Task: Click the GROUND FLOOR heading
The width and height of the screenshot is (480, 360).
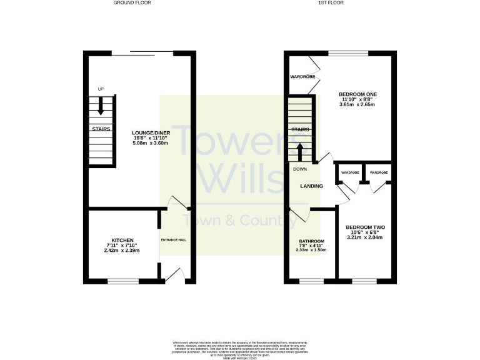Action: coord(132,2)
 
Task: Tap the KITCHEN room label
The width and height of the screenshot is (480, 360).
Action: coord(122,240)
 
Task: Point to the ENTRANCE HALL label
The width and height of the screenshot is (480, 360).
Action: coord(174,240)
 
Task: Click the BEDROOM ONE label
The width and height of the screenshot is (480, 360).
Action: coord(358,94)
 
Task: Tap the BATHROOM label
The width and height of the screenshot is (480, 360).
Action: coord(311,241)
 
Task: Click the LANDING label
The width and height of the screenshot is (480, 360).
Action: coord(311,186)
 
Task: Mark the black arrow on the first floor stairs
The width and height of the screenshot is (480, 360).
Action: coord(299,152)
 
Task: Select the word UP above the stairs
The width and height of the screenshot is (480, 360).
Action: coord(101,89)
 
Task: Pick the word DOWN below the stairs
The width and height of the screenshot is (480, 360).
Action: coord(299,168)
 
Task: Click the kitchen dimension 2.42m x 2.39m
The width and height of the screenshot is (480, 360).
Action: coord(122,251)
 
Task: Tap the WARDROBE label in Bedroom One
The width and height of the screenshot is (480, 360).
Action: coord(301,77)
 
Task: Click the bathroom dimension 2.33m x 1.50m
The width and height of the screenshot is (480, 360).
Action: coord(311,251)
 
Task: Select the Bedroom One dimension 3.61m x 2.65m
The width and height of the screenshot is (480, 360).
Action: coord(358,105)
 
